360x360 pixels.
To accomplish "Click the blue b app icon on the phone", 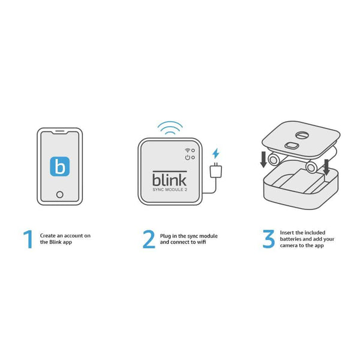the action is point(59,166).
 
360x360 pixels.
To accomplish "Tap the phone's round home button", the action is point(59,194).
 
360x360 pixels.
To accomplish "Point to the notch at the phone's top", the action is point(60,133).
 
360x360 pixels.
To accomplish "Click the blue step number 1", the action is point(28,239).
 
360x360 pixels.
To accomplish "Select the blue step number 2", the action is point(149,239).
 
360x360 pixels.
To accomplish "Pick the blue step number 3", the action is point(268,239).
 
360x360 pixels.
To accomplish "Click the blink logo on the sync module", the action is point(169,179).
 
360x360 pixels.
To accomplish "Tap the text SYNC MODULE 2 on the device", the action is point(170,190).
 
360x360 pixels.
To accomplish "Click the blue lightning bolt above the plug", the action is point(215,154).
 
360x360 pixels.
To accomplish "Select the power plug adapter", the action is point(216,170).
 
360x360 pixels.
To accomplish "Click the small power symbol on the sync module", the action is point(188,157).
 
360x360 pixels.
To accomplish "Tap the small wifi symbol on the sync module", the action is point(188,150).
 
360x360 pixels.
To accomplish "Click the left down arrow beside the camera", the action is point(263,160).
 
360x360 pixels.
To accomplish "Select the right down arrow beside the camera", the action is point(326,167).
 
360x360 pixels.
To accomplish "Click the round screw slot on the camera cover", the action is point(301,135).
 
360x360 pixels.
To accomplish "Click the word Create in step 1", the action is point(48,236).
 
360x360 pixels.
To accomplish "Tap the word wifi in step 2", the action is point(202,242).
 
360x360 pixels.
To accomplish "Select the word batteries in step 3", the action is point(290,239).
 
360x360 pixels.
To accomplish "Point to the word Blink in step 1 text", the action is point(55,242).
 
